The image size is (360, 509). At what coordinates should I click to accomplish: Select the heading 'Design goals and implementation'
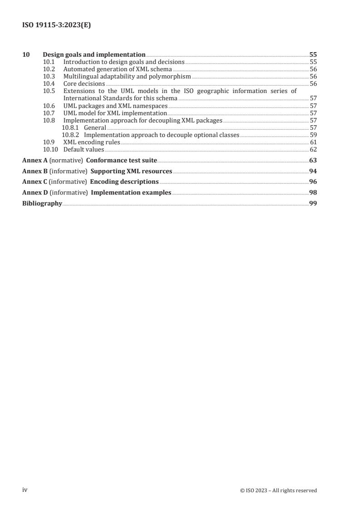click(x=94, y=54)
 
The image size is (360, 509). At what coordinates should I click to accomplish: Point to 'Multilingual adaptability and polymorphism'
click(x=127, y=76)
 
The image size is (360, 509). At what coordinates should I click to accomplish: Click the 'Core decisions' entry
click(x=84, y=83)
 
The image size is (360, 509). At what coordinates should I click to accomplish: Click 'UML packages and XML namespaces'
click(x=115, y=105)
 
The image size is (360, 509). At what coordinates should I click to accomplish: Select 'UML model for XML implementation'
click(x=115, y=113)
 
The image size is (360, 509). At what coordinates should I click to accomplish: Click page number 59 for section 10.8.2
click(x=313, y=135)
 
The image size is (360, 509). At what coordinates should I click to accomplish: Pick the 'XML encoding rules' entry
click(x=91, y=142)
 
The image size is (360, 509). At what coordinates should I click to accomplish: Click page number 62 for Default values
click(x=313, y=149)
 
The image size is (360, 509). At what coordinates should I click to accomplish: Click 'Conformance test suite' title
click(x=121, y=160)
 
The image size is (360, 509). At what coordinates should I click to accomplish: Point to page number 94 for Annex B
click(x=313, y=171)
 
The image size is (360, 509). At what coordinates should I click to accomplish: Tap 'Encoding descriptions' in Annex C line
click(x=124, y=181)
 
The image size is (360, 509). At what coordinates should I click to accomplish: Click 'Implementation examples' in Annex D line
click(x=131, y=192)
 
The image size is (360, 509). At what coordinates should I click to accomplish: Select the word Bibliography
click(x=42, y=203)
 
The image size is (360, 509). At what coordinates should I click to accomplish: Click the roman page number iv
click(x=25, y=490)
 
